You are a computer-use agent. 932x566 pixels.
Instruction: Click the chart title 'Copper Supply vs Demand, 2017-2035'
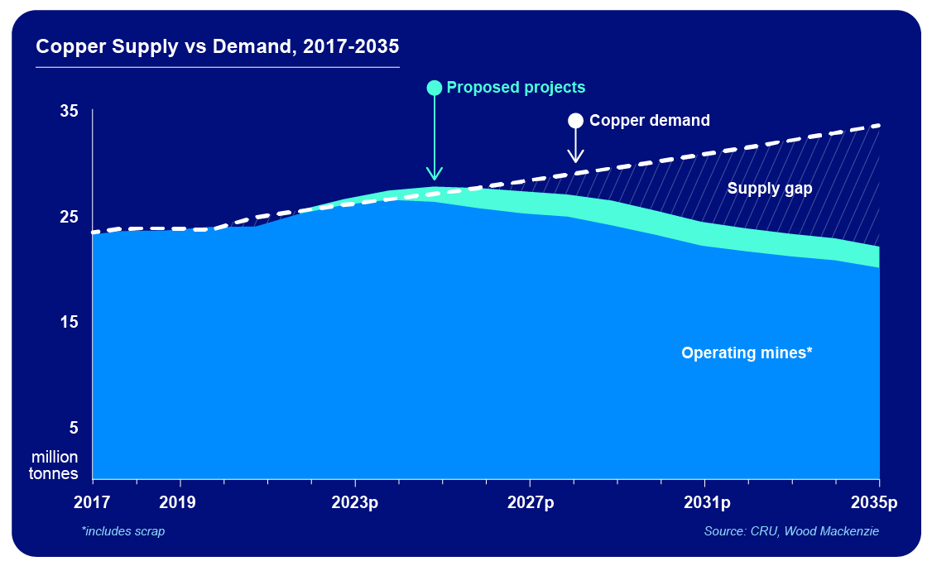pos(218,46)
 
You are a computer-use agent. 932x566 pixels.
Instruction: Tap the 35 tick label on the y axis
pos(69,111)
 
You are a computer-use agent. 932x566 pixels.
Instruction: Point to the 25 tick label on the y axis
pos(69,217)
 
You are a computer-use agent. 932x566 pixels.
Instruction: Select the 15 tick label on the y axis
pos(69,322)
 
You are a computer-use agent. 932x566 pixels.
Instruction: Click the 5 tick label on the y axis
pos(73,428)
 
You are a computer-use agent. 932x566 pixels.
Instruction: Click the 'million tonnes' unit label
pos(55,465)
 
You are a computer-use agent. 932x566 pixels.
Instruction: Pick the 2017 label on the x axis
pos(94,502)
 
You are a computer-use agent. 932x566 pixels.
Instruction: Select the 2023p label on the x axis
pos(355,502)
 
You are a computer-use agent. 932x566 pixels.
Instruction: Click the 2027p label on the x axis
pos(530,502)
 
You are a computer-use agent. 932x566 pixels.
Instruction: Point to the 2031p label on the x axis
pos(704,502)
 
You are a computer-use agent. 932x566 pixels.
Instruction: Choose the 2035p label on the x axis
pos(874,502)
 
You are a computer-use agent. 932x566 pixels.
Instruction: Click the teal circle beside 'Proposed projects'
pos(434,88)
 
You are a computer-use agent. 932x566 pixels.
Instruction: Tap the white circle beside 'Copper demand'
pos(575,121)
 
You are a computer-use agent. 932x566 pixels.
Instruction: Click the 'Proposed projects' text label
pos(516,88)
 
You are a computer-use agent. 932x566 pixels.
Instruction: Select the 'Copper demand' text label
pos(649,121)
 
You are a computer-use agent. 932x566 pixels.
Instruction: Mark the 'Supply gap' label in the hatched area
pos(770,189)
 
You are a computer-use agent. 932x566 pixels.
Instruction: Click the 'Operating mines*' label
pos(747,353)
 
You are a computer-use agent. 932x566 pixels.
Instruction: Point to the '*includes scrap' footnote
pos(123,531)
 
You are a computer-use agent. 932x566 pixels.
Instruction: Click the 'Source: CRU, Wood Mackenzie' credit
pos(791,531)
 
